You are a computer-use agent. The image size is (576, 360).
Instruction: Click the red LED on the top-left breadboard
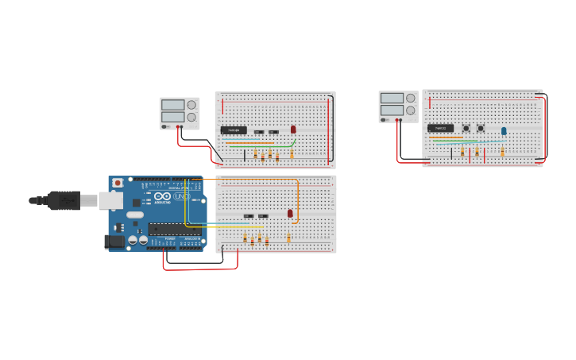[x=293, y=129]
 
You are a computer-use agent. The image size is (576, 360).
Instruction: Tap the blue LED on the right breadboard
[x=504, y=131]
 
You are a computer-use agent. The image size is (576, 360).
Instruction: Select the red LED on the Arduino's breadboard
[x=290, y=213]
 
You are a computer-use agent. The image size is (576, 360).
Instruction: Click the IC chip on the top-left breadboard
[x=234, y=130]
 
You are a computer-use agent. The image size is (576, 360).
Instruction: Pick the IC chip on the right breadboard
[x=440, y=128]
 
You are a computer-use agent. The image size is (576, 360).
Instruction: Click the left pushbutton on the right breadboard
[x=466, y=128]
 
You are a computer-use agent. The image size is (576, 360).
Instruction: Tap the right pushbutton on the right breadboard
[x=481, y=128]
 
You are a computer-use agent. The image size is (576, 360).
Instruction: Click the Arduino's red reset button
[x=118, y=183]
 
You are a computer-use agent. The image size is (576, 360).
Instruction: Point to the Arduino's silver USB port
[x=110, y=200]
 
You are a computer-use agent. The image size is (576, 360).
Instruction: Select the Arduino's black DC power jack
[x=115, y=241]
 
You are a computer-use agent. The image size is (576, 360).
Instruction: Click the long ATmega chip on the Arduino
[x=174, y=230]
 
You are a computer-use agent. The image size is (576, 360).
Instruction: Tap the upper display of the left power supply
[x=172, y=104]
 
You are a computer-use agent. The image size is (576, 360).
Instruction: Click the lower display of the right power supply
[x=392, y=110]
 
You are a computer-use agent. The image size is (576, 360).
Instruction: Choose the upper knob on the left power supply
[x=191, y=104]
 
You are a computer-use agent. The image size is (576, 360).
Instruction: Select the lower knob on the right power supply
[x=411, y=110]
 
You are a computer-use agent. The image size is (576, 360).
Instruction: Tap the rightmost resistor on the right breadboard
[x=502, y=151]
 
